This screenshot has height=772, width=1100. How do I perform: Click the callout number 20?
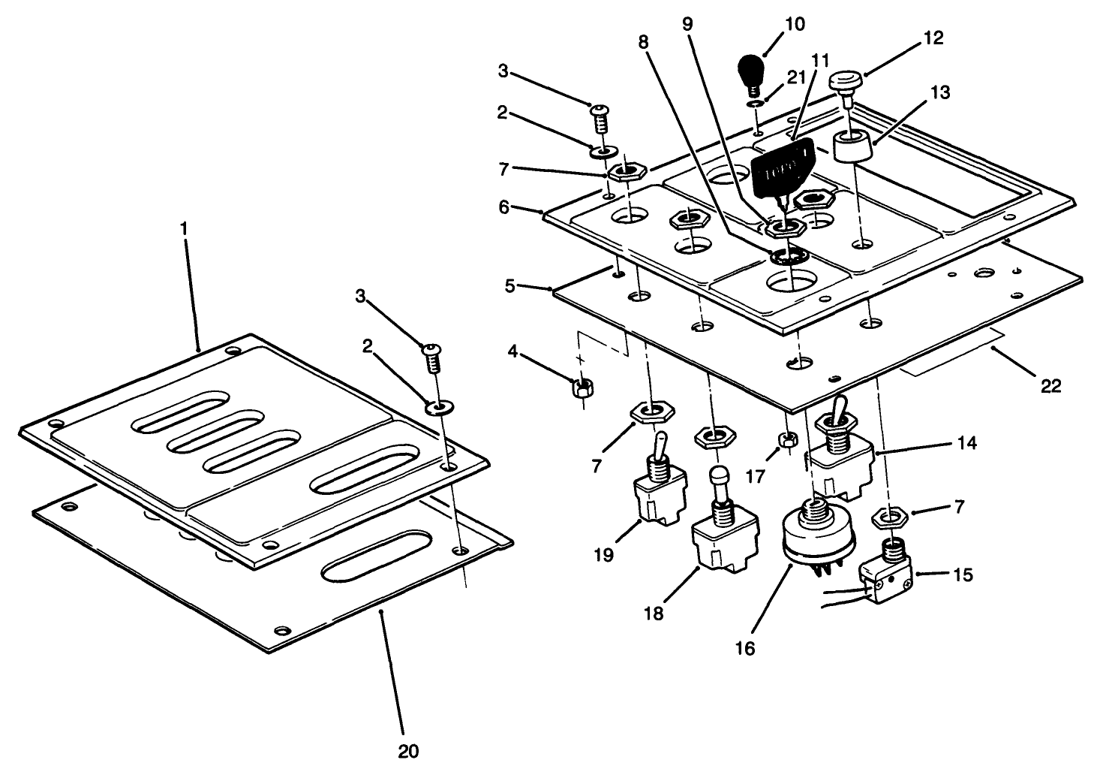pos(408,750)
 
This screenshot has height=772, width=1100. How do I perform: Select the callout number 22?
pos(1051,386)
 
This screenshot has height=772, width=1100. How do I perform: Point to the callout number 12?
pos(934,38)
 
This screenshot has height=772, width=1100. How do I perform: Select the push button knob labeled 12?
pos(846,80)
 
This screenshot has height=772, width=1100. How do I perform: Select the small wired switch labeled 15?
pos(887,580)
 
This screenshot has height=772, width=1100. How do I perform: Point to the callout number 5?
pos(510,287)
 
